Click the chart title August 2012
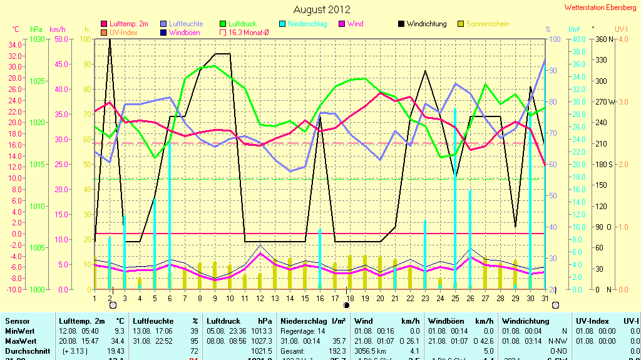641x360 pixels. coord(322,9)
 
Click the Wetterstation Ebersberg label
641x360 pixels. coord(600,8)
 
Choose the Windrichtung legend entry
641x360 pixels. coord(426,24)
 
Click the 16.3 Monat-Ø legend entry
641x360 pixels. coord(245,32)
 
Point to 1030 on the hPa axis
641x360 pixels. coord(37,39)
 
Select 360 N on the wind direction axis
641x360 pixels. coord(601,39)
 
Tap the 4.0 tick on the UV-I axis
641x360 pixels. coord(623,39)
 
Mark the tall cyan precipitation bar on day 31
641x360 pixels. coord(545,175)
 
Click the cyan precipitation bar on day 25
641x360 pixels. coord(455,200)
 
